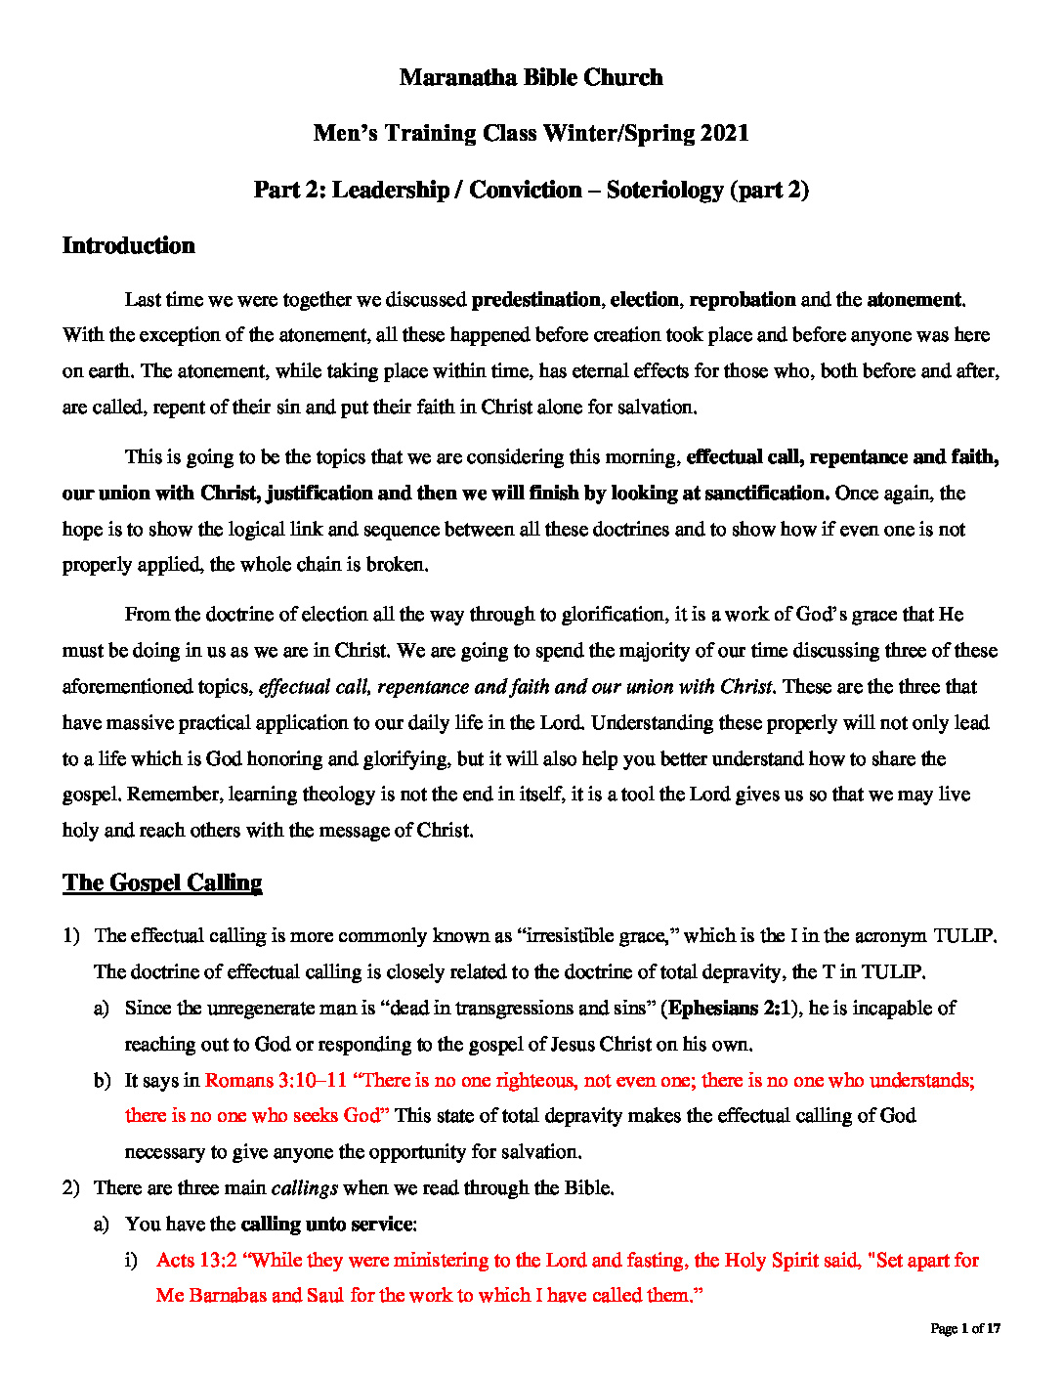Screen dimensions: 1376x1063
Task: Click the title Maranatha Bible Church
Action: [531, 78]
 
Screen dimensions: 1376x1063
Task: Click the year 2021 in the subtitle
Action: [724, 134]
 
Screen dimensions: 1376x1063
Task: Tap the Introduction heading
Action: [128, 245]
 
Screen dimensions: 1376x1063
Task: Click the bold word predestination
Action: [535, 299]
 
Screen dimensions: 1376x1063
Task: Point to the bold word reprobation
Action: [743, 299]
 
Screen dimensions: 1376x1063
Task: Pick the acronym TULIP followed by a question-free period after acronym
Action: [964, 935]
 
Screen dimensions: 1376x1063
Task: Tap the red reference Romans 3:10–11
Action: [276, 1080]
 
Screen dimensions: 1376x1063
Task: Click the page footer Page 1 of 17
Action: [965, 1328]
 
